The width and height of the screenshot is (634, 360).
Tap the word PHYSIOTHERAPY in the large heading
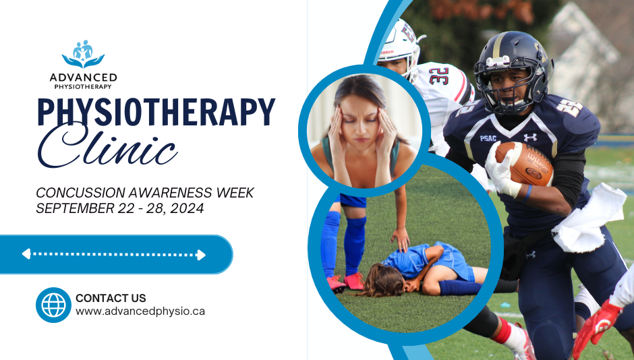pyautogui.click(x=156, y=113)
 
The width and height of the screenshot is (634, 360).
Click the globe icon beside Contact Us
pyautogui.click(x=53, y=305)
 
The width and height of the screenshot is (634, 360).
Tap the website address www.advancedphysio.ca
pyautogui.click(x=140, y=311)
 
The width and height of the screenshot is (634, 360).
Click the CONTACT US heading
pyautogui.click(x=111, y=298)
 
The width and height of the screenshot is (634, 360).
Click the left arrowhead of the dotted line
pyautogui.click(x=26, y=254)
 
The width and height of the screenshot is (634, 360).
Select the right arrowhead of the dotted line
pyautogui.click(x=201, y=254)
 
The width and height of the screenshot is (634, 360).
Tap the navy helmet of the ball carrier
pyautogui.click(x=513, y=64)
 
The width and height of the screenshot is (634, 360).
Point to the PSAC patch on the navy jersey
pyautogui.click(x=488, y=138)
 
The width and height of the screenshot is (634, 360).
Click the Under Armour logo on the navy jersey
pyautogui.click(x=530, y=137)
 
